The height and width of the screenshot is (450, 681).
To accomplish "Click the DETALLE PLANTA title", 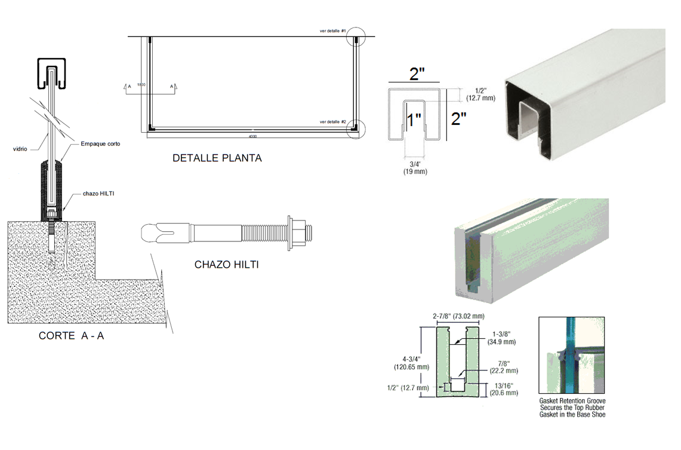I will tap(217, 158).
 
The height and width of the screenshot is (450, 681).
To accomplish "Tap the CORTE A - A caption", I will tap(72, 336).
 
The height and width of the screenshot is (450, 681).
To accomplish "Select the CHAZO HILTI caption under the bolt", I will tap(227, 264).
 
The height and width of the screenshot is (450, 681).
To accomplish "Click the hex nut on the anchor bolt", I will tap(296, 229).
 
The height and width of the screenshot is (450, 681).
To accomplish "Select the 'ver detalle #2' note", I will tap(333, 122).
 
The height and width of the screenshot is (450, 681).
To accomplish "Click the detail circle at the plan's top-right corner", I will tap(356, 36).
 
